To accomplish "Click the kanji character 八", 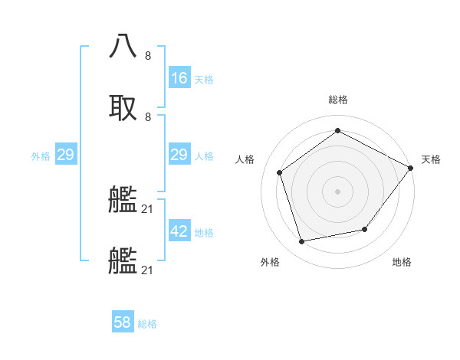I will pyautogui.click(x=123, y=47).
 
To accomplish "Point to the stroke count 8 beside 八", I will pyautogui.click(x=148, y=56).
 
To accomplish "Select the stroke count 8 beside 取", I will pyautogui.click(x=148, y=116).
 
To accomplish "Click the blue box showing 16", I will pyautogui.click(x=179, y=78).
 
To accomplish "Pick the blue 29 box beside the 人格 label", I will pyautogui.click(x=179, y=155).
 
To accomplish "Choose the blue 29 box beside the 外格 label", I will pyautogui.click(x=65, y=155).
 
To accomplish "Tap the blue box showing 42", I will pyautogui.click(x=179, y=231).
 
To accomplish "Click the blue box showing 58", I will pyautogui.click(x=123, y=322).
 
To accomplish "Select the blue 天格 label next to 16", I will pyautogui.click(x=204, y=80).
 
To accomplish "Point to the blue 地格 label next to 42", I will pyautogui.click(x=204, y=233).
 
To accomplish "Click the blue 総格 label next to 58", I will pyautogui.click(x=147, y=324).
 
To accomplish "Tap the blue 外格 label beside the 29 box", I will pyautogui.click(x=41, y=156).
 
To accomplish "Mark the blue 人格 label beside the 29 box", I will pyautogui.click(x=204, y=156).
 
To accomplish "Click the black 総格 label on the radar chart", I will pyautogui.click(x=338, y=100).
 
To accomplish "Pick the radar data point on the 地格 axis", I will pyautogui.click(x=365, y=229).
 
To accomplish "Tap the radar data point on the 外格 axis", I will pyautogui.click(x=302, y=242).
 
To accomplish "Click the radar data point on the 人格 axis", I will pyautogui.click(x=280, y=173).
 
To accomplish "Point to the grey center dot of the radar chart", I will pyautogui.click(x=337, y=191).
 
